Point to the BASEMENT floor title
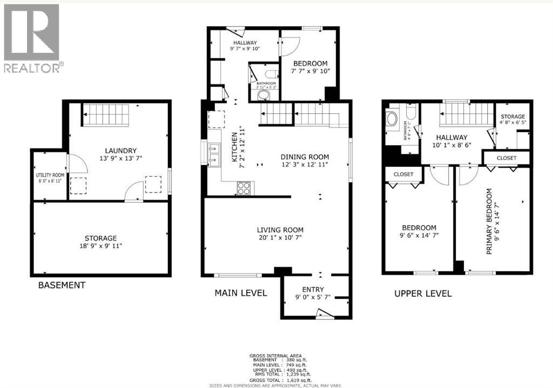[x=61, y=285]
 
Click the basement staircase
[x=106, y=115]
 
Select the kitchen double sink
[x=214, y=154]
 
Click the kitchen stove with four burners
[x=244, y=188]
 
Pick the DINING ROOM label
[x=305, y=157]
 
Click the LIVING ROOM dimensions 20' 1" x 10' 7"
[x=280, y=238]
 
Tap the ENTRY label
[x=313, y=290]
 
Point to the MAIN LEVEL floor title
[x=240, y=293]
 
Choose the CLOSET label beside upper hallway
[x=506, y=158]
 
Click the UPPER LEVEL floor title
[x=423, y=294]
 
